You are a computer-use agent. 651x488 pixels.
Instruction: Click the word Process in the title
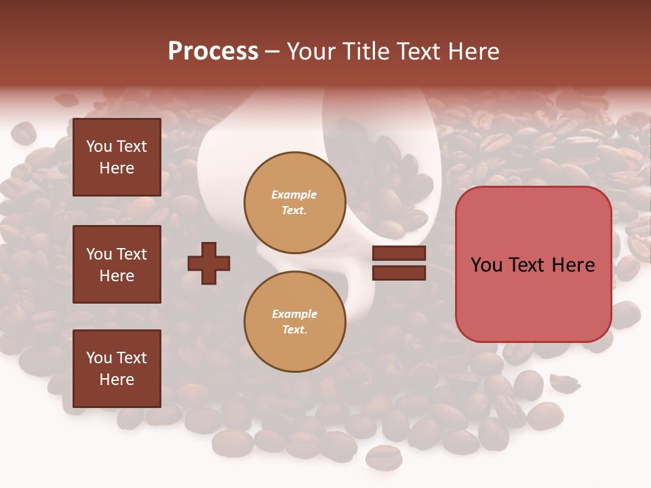pos(213,52)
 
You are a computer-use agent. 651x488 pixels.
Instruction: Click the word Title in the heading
pos(367,52)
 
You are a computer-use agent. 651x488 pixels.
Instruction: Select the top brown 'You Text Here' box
pos(117,157)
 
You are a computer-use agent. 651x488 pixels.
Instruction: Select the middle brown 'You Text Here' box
pos(117,264)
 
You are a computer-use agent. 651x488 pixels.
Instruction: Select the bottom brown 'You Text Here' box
pos(117,368)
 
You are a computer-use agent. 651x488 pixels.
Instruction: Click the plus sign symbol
pos(209,263)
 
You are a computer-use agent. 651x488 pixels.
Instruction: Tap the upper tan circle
pos(294,203)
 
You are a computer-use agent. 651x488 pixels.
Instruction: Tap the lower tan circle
pos(294,322)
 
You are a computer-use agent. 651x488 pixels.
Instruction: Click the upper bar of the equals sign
pos(399,253)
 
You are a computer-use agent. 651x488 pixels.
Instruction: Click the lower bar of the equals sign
pos(399,273)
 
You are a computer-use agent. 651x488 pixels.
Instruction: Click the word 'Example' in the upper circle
pos(294,195)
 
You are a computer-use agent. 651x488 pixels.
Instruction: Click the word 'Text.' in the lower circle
pos(294,330)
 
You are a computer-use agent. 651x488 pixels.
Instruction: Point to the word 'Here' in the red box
pos(573,265)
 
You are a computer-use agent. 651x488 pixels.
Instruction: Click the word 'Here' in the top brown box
pos(117,168)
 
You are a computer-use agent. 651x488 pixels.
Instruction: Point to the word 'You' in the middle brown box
pos(98,254)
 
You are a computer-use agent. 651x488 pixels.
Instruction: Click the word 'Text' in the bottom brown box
pos(132,358)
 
